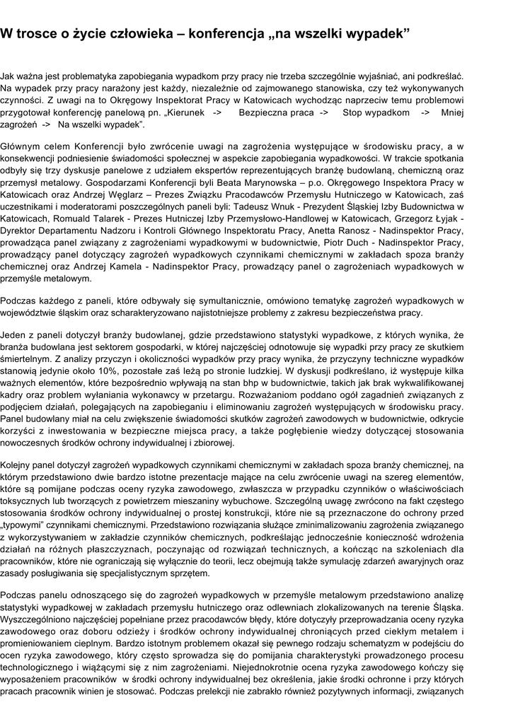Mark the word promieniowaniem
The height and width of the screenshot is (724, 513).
[41, 644]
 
